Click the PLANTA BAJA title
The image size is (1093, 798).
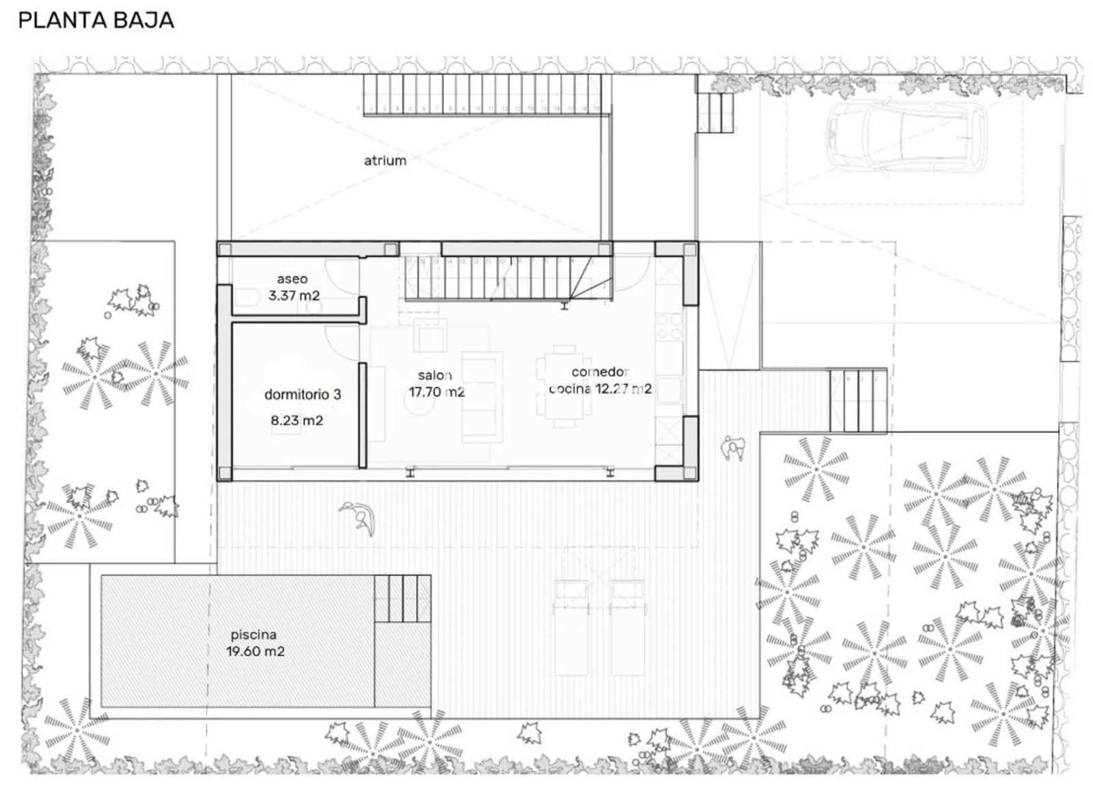pos(96,20)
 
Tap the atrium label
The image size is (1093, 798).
pos(385,161)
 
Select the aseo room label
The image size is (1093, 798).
pos(292,279)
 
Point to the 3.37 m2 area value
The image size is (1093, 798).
pos(294,296)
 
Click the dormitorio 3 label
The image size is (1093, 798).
pos(303,394)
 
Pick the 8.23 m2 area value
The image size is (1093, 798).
pos(296,420)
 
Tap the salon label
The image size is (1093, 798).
pos(435,375)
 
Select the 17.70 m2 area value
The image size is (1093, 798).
pos(437,392)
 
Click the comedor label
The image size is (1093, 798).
pos(600,372)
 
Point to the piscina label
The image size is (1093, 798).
pos(253,635)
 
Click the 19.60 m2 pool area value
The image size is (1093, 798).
pos(255,652)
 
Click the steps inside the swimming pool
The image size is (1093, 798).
pos(402,599)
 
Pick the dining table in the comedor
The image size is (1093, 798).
pos(564,386)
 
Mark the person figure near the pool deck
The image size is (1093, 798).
pos(360,517)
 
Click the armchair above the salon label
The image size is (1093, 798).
pos(431,337)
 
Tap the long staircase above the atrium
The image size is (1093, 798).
pos(482,93)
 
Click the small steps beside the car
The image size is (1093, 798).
pos(716,112)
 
